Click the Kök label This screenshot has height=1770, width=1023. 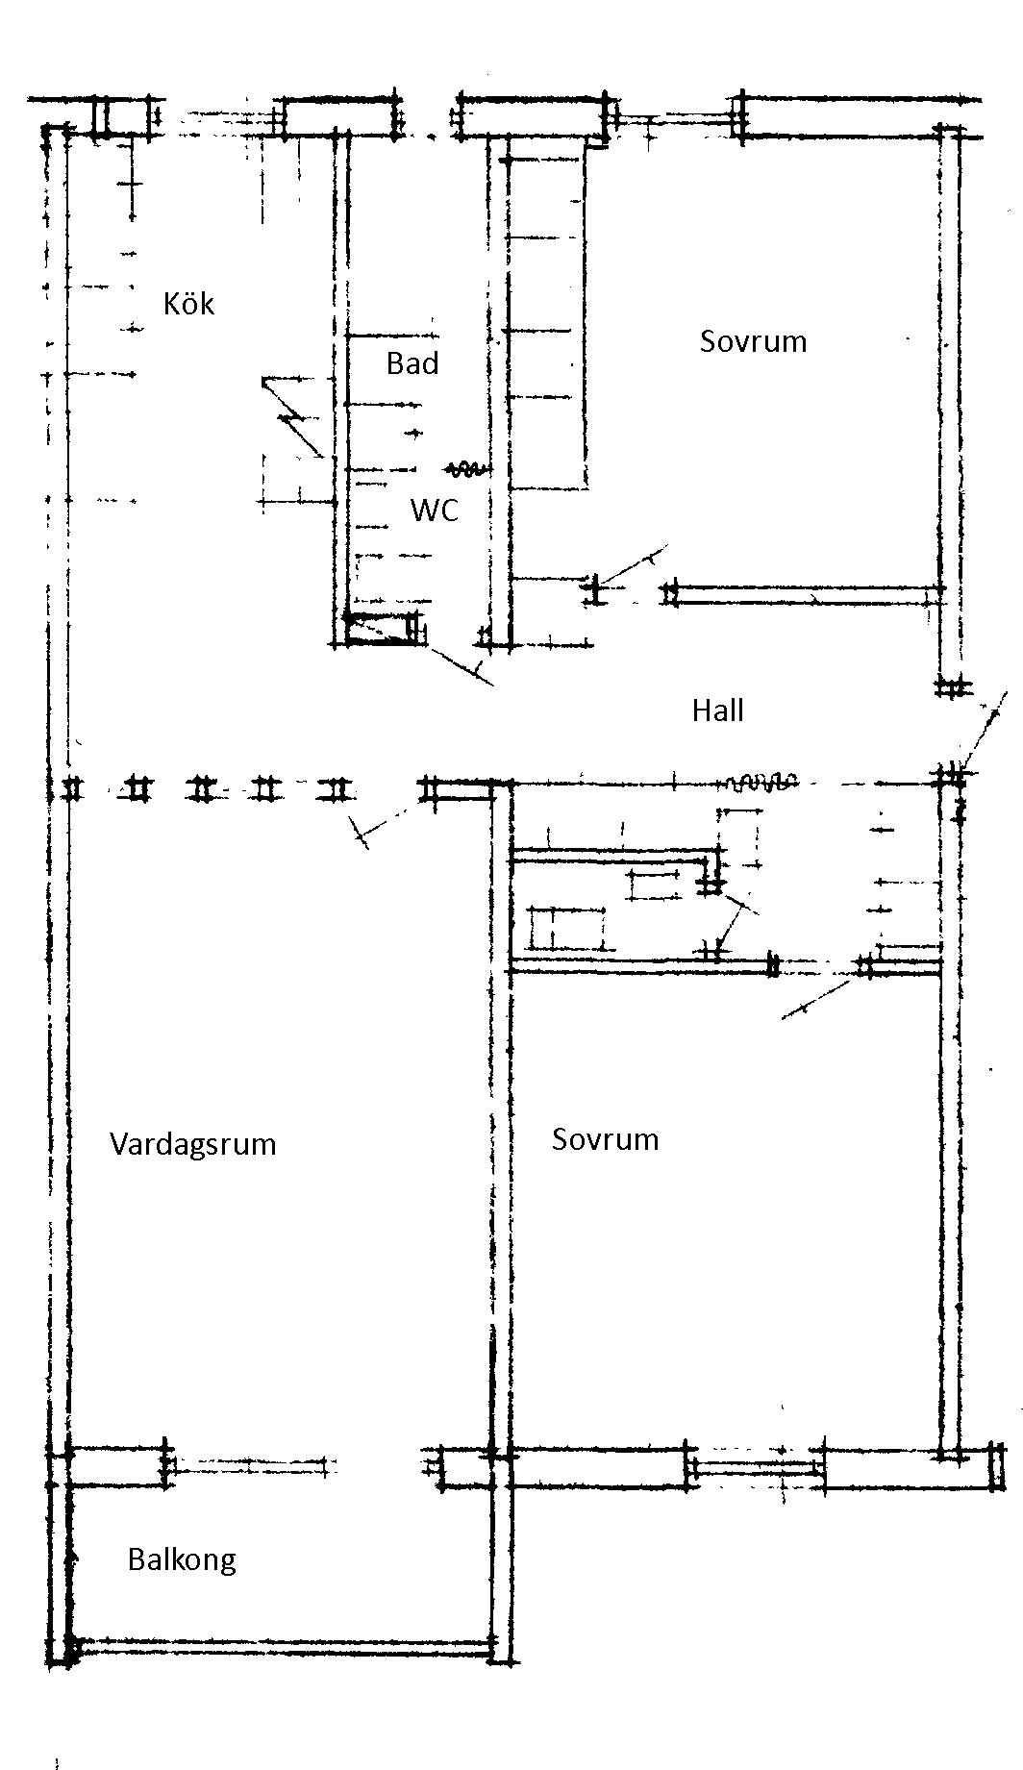tap(188, 305)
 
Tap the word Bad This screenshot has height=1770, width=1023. tap(412, 363)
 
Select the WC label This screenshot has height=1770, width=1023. tap(435, 510)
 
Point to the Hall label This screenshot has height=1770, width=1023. tap(718, 711)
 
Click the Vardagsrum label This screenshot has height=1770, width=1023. tap(192, 1144)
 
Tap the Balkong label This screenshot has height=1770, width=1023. tap(182, 1558)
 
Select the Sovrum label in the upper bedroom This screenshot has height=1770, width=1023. tap(753, 341)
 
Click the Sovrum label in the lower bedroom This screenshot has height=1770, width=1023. tap(605, 1139)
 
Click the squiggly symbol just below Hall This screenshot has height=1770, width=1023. tap(761, 782)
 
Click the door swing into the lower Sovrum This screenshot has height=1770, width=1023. tap(817, 995)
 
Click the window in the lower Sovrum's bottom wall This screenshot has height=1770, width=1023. tap(757, 1468)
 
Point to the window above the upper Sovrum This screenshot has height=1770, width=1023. tap(673, 121)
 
